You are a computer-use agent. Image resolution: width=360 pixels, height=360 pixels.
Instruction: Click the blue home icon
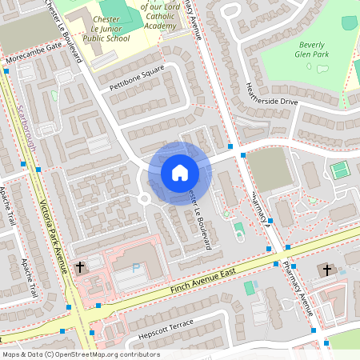pos(179,172)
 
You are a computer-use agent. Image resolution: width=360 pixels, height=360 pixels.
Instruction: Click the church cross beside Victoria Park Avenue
pos(80,266)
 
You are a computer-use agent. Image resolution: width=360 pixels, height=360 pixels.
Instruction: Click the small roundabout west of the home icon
pos(146,198)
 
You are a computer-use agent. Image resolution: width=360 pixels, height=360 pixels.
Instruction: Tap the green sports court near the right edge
pos(340,170)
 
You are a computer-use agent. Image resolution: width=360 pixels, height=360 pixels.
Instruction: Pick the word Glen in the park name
pos(314,54)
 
